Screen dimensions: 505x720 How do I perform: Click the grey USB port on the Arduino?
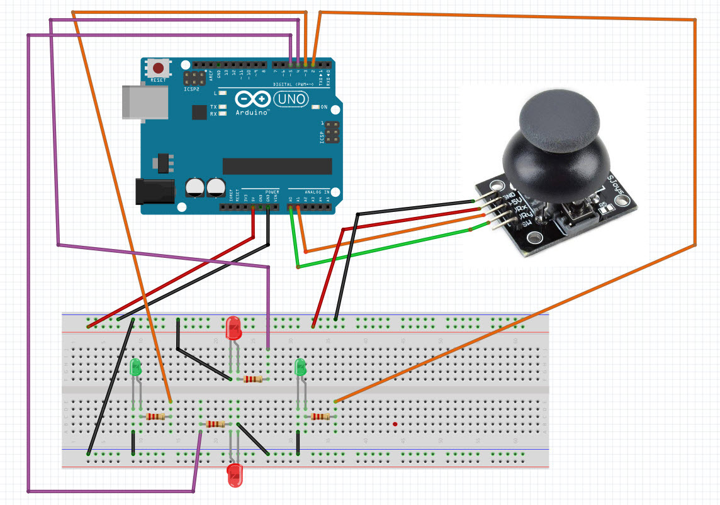145,102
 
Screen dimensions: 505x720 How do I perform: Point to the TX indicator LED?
222,108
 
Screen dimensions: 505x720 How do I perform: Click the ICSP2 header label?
191,89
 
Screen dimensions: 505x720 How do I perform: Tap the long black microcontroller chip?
277,166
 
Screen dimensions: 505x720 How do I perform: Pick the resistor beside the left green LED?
155,416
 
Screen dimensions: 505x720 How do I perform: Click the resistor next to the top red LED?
253,379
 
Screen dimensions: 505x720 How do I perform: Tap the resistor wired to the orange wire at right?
320,416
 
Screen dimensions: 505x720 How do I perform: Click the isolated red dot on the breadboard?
395,425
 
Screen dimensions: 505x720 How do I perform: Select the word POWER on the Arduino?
272,192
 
